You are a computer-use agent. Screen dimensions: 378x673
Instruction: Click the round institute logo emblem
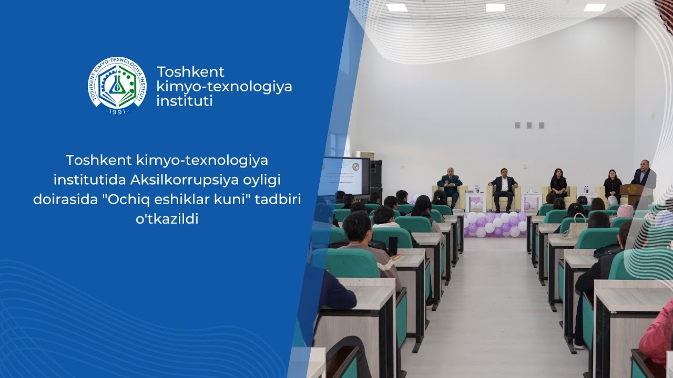[x=117, y=86]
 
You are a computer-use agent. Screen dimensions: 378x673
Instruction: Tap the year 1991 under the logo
[x=117, y=112]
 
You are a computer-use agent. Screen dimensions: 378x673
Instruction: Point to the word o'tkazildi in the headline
[x=167, y=219]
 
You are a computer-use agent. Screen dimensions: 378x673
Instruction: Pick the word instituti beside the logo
[x=185, y=101]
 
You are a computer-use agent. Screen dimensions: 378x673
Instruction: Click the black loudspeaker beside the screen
[x=375, y=176]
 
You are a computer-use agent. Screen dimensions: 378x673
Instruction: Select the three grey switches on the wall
[x=528, y=125]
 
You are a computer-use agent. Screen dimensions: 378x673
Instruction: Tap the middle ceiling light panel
[x=495, y=7]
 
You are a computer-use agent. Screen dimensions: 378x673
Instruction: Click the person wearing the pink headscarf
[x=625, y=211]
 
